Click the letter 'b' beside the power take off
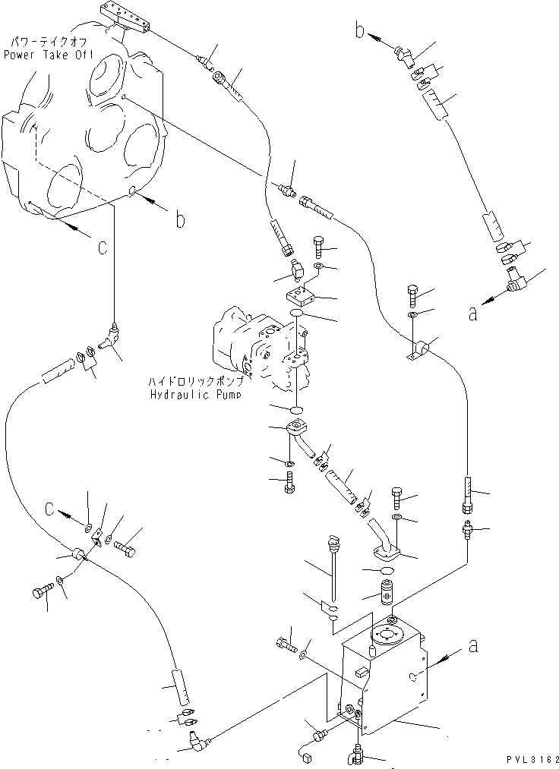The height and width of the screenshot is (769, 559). tap(179, 220)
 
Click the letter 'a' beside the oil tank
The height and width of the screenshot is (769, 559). tap(473, 647)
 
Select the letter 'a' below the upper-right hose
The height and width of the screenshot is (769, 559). tap(472, 311)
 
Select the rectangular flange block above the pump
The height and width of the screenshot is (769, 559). tap(300, 291)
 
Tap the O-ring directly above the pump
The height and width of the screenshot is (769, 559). tap(298, 313)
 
